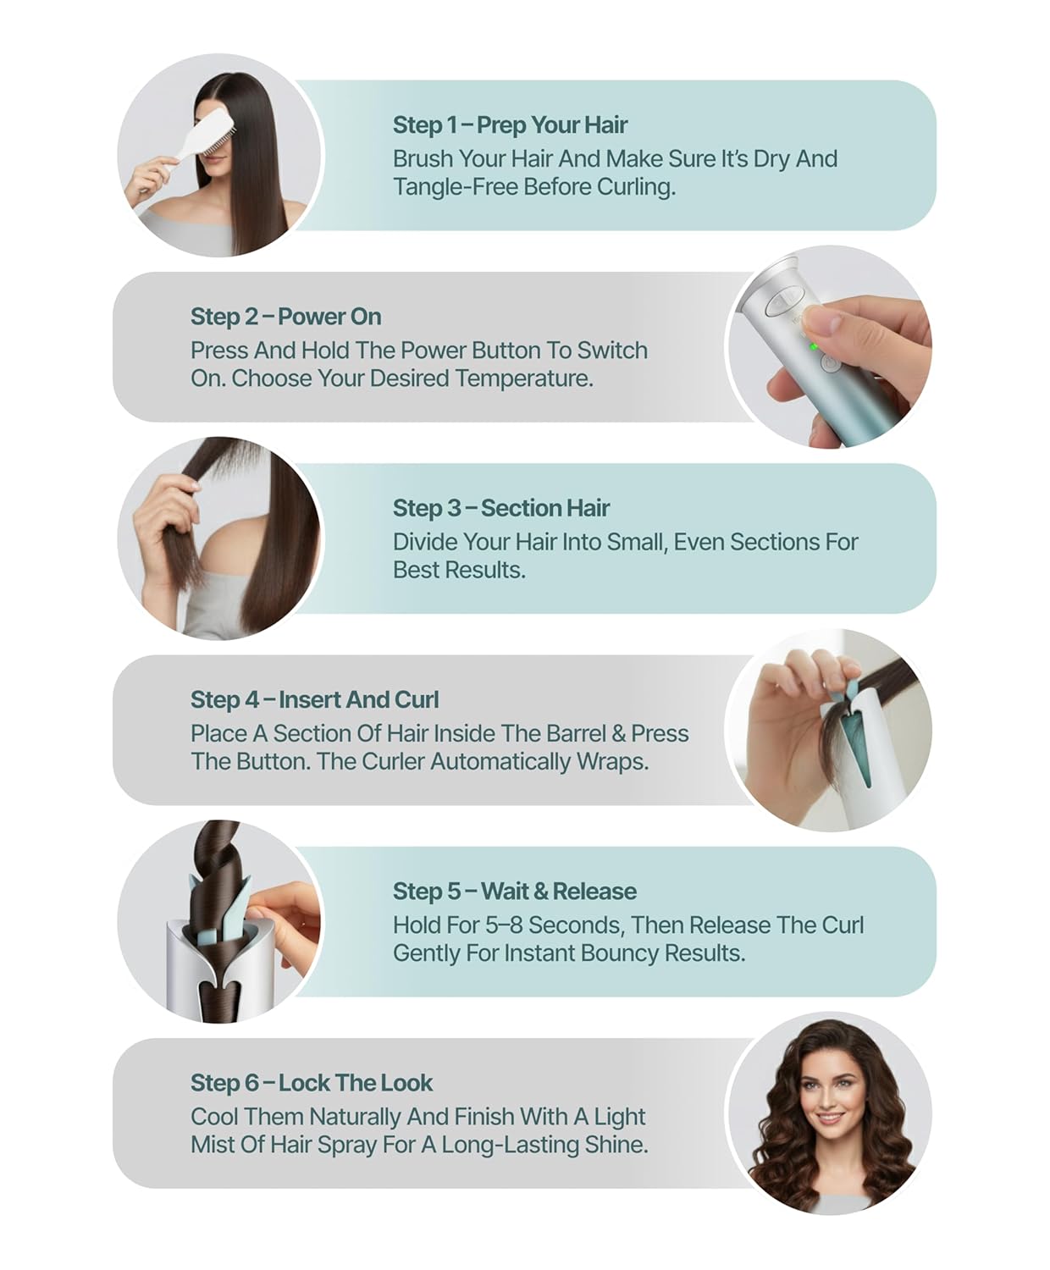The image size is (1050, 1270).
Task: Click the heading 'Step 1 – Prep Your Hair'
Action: [510, 124]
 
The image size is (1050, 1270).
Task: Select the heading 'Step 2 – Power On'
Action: [286, 317]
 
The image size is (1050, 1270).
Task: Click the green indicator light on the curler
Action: [813, 347]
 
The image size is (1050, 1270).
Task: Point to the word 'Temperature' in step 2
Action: [524, 378]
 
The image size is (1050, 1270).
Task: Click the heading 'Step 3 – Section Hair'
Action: [501, 508]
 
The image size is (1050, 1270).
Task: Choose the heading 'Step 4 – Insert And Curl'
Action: [314, 699]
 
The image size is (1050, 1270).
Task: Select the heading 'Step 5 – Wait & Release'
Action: [515, 891]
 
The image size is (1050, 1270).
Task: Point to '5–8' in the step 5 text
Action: [504, 925]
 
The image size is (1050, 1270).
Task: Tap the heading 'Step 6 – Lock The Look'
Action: [312, 1083]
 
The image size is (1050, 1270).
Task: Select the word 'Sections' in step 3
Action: [773, 543]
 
